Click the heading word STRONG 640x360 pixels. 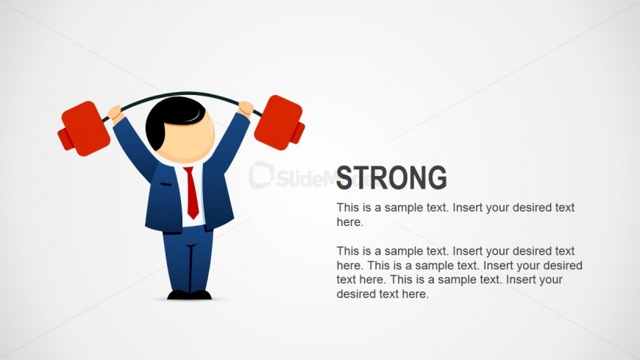click(391, 177)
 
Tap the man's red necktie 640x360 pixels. click(192, 192)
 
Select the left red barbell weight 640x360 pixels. click(84, 129)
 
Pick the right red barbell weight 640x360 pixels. click(280, 123)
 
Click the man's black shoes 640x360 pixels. click(189, 295)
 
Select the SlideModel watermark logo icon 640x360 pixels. click(261, 175)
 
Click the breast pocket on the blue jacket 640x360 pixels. click(166, 184)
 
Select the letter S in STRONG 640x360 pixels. click(344, 177)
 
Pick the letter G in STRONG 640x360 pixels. click(438, 177)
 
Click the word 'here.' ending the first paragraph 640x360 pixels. click(350, 222)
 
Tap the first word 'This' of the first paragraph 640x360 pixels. click(348, 208)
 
